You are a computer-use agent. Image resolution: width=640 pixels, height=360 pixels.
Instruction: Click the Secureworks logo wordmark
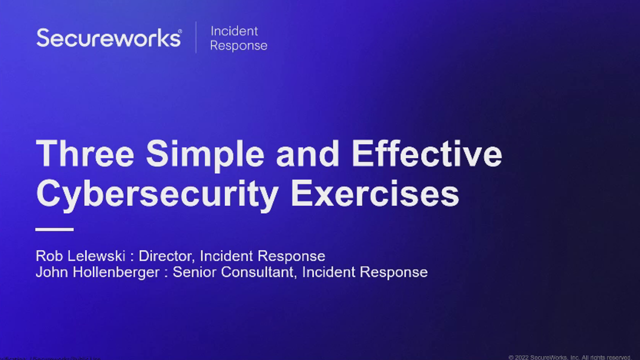108,38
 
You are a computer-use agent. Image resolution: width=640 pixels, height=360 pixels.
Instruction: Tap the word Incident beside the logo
234,31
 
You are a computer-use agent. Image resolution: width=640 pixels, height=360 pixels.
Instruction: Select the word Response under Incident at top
238,45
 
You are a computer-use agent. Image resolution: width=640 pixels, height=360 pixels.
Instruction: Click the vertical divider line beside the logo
195,37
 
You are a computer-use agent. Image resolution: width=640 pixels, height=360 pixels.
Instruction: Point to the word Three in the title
85,153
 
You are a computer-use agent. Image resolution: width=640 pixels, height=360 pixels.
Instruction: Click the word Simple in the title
205,153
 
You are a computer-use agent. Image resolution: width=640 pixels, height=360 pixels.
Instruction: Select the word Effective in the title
427,153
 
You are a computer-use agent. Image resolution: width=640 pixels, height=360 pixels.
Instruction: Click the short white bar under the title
54,229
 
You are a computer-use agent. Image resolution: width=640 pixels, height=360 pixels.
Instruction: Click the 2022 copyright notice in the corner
569,357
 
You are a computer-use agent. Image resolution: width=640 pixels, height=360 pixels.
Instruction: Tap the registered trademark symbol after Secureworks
180,31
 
